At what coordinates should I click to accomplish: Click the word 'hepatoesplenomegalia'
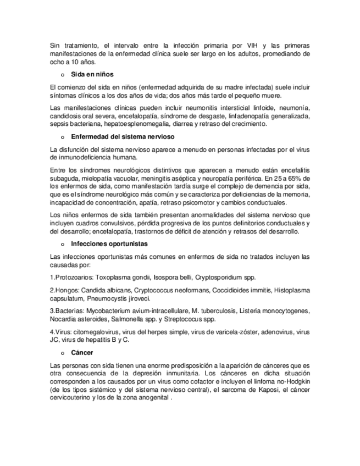126,124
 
